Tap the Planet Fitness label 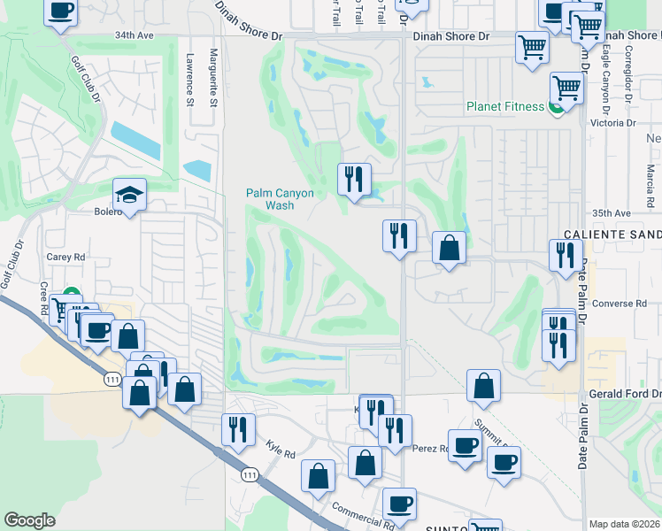point(505,107)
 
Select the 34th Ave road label point(133,36)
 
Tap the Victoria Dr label point(619,122)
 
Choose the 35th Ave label point(612,213)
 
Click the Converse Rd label point(620,304)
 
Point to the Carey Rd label point(65,257)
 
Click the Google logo point(29,520)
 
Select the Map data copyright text point(625,524)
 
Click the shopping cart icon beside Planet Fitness point(566,88)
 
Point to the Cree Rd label point(42,297)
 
